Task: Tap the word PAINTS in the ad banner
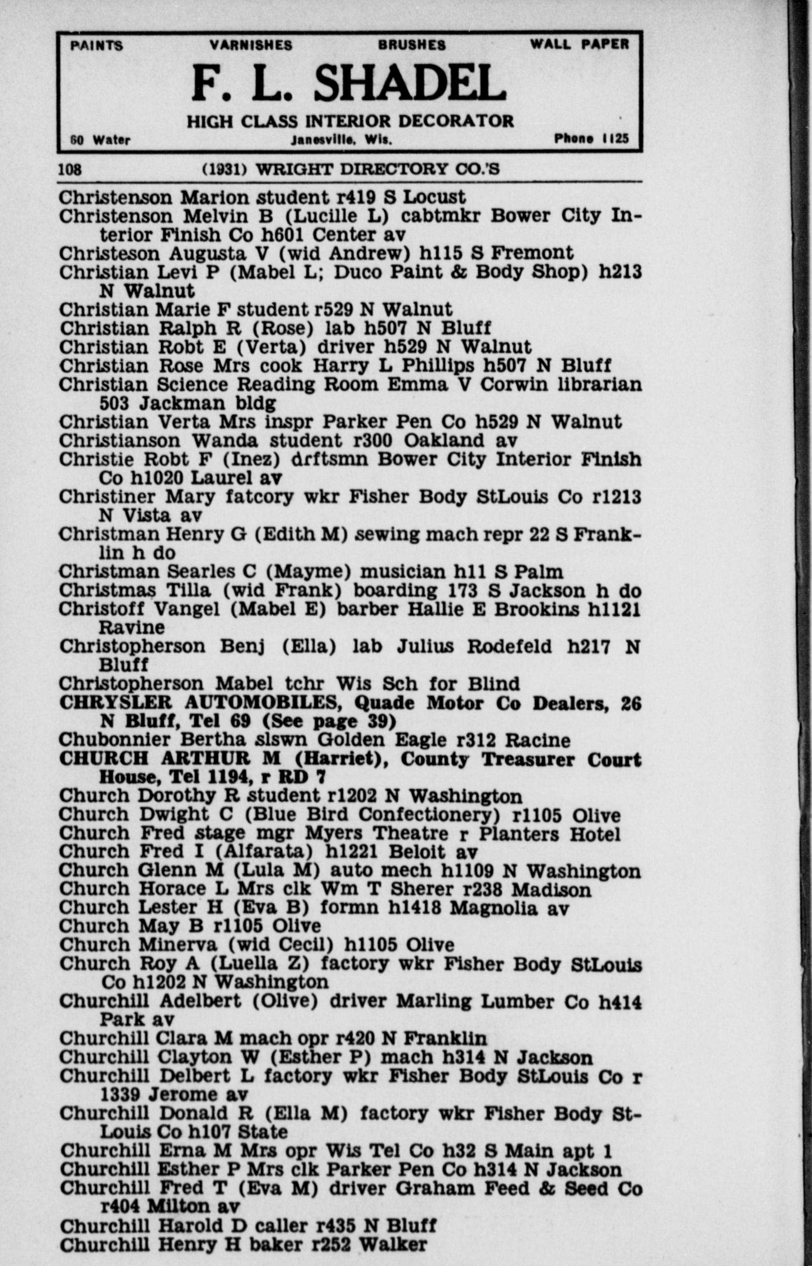click(x=97, y=46)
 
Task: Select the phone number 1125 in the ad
click(x=616, y=139)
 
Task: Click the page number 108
click(x=70, y=170)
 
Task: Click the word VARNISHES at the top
click(x=251, y=45)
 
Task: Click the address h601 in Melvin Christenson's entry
click(x=285, y=234)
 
